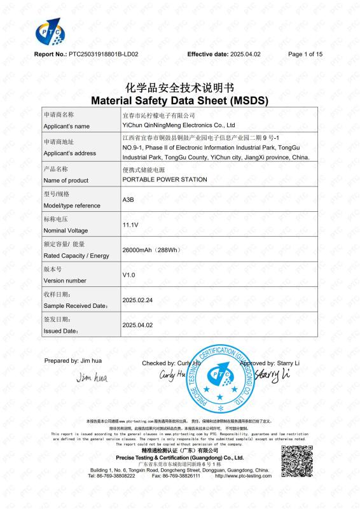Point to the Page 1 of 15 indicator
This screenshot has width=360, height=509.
[x=305, y=55]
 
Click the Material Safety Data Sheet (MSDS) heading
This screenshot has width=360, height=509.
[x=179, y=101]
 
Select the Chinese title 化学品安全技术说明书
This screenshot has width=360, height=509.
[x=179, y=88]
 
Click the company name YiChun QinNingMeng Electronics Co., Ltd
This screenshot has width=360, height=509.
[x=179, y=125]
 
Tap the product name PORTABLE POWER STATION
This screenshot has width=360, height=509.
[x=165, y=179]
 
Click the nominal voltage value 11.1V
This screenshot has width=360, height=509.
[x=130, y=225]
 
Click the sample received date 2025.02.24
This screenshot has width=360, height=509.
[x=137, y=299]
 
